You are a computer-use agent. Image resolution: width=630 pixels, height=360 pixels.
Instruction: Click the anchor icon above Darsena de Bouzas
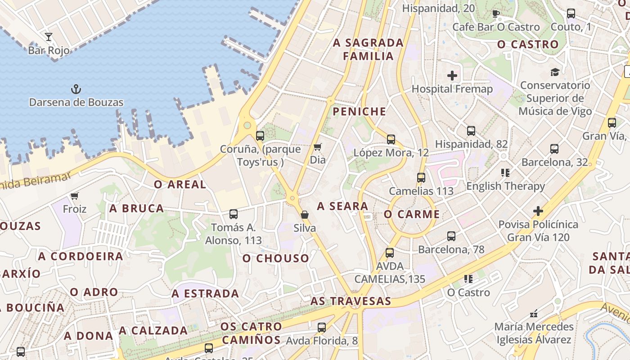[x=76, y=89]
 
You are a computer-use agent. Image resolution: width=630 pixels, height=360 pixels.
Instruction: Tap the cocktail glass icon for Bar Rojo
[x=49, y=36]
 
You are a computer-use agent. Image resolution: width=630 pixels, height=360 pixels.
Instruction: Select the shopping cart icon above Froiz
[x=75, y=196]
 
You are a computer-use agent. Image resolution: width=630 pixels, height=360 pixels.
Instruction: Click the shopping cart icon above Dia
[x=318, y=146]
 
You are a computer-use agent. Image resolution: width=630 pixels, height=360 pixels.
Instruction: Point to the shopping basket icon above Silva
[x=305, y=215]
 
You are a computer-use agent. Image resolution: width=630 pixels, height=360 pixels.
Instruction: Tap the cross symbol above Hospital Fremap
[x=452, y=76]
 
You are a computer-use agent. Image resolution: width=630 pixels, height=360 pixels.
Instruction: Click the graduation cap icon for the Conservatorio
[x=555, y=72]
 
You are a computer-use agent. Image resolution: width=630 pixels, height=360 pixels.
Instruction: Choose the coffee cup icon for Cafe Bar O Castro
[x=496, y=13]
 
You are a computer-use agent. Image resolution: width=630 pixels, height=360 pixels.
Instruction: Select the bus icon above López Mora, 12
[x=391, y=139]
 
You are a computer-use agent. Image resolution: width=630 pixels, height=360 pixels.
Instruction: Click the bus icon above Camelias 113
[x=421, y=178]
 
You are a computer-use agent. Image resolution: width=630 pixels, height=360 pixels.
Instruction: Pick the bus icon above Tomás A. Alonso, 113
[x=233, y=214]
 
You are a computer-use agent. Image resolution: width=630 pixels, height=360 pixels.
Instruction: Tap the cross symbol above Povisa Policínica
[x=538, y=211]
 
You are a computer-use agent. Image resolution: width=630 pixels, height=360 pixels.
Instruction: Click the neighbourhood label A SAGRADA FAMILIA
[x=369, y=49]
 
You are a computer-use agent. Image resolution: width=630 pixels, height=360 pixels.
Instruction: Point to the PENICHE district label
[x=359, y=112]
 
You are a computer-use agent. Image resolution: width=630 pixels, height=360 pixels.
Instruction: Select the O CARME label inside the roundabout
[x=412, y=214]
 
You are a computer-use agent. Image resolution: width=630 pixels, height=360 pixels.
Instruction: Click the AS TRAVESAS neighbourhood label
[x=351, y=301]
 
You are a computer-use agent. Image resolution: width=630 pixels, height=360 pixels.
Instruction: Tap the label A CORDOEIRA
[x=81, y=256]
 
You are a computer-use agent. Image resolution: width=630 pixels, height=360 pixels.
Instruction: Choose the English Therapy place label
[x=505, y=186]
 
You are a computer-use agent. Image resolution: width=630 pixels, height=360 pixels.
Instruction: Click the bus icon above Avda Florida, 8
[x=321, y=328]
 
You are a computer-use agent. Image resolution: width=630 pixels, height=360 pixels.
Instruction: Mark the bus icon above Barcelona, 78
[x=451, y=236]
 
